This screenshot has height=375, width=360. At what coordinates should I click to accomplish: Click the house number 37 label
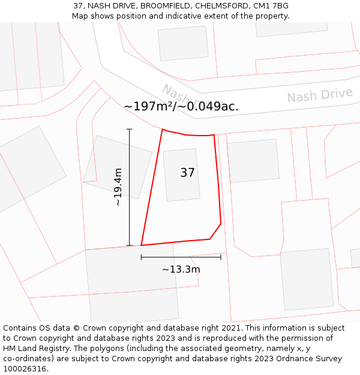[x=187, y=173]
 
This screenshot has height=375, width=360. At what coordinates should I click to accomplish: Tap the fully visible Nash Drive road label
[x=319, y=95]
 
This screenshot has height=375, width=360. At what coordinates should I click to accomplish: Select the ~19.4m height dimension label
[x=118, y=187]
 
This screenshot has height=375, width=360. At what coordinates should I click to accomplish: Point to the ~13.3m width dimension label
[x=181, y=269]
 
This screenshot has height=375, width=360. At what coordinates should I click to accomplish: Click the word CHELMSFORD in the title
[x=221, y=6]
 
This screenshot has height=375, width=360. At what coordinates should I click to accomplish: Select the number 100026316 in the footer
[x=25, y=369]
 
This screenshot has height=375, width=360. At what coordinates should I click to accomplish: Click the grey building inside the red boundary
[x=181, y=175]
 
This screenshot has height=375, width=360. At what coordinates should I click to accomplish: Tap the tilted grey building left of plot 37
[x=118, y=167]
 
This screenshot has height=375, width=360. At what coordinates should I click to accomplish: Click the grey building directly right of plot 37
[x=253, y=161]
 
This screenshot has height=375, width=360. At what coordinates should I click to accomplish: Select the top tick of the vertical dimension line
[x=129, y=129]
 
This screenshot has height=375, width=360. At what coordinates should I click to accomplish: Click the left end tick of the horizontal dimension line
[x=141, y=257]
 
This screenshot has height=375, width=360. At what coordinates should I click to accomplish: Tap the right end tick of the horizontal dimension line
[x=221, y=257]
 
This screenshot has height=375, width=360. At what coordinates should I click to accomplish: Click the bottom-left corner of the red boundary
[x=142, y=245]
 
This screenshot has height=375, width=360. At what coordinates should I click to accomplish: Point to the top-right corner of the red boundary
[x=214, y=135]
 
